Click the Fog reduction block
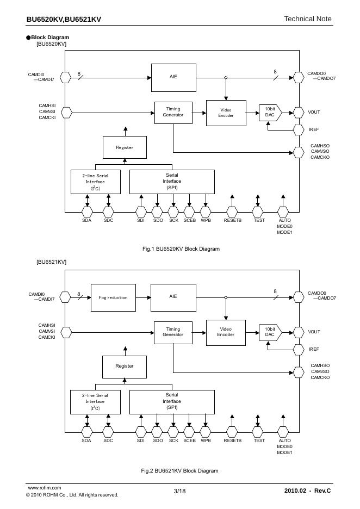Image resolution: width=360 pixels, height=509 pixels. click(x=113, y=297)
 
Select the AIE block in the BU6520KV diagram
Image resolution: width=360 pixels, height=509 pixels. click(x=173, y=77)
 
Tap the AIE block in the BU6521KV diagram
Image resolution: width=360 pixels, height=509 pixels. click(x=173, y=297)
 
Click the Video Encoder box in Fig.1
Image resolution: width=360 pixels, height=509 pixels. click(x=226, y=113)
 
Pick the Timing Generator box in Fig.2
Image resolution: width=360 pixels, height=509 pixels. click(x=173, y=332)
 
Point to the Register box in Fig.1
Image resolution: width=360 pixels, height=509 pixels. click(x=125, y=147)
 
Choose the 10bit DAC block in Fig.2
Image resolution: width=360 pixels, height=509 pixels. click(x=270, y=332)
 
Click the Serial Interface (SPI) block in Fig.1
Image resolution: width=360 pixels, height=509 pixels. click(x=172, y=182)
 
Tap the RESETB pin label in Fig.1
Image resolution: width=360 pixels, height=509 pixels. click(x=232, y=220)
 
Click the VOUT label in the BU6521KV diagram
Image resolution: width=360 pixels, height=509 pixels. click(x=314, y=332)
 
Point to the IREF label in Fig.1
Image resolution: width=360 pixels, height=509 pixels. click(x=314, y=130)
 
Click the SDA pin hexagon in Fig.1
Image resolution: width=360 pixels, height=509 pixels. click(x=86, y=210)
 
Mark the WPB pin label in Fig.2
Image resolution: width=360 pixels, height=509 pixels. click(x=206, y=440)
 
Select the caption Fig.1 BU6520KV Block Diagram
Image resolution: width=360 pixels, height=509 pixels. click(x=181, y=249)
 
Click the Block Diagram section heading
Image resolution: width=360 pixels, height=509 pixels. click(x=49, y=38)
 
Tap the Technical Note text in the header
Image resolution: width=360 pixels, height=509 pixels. click(x=307, y=19)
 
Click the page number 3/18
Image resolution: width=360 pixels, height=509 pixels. click(x=179, y=491)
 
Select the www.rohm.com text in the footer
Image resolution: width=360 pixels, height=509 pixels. click(x=44, y=488)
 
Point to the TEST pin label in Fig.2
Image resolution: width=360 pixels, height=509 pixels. click(x=259, y=440)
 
